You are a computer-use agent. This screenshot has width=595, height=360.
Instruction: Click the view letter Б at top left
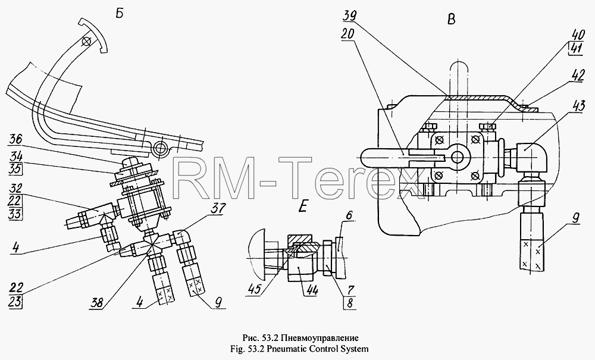[x=119, y=14]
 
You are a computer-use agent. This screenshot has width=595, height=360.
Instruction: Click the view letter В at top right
[x=451, y=20]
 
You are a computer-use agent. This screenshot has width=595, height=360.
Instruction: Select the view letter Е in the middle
[x=302, y=207]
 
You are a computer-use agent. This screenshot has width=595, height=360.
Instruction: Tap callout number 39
[x=350, y=16]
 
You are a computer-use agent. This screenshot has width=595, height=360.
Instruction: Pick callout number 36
[x=15, y=139]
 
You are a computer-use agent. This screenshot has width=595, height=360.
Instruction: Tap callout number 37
[x=219, y=208]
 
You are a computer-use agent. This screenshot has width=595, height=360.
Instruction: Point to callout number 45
[x=257, y=289]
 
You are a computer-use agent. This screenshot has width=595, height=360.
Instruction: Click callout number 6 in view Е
[x=349, y=215]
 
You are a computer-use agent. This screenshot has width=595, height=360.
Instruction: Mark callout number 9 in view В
[x=575, y=218]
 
